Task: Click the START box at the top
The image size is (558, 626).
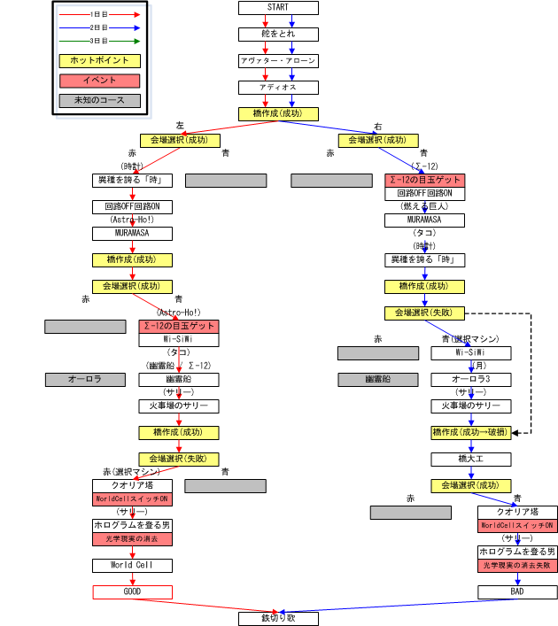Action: point(278,8)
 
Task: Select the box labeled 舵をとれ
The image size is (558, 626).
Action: point(278,35)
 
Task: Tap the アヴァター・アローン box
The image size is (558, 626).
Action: point(278,61)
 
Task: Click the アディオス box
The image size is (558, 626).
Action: point(278,88)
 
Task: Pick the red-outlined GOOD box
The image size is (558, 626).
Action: point(132,591)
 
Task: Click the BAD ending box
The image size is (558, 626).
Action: point(517,591)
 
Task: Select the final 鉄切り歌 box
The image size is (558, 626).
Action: point(278,618)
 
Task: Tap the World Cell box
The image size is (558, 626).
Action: point(132,565)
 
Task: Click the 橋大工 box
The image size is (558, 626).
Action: point(470,459)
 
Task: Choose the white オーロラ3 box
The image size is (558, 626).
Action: point(470,379)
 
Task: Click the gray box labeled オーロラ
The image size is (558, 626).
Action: point(85,379)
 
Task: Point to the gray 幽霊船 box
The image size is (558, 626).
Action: point(377,379)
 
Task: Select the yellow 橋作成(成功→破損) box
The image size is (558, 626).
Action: point(470,432)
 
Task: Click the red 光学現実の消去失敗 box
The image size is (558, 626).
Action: point(517,565)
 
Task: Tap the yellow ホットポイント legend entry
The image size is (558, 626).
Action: point(99,61)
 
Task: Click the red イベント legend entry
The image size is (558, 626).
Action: point(99,81)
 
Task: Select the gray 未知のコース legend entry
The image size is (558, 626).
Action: point(99,100)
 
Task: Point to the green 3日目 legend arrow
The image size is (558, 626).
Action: point(99,41)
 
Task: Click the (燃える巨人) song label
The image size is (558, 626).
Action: point(424,206)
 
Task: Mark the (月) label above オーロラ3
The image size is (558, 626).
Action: point(477,365)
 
